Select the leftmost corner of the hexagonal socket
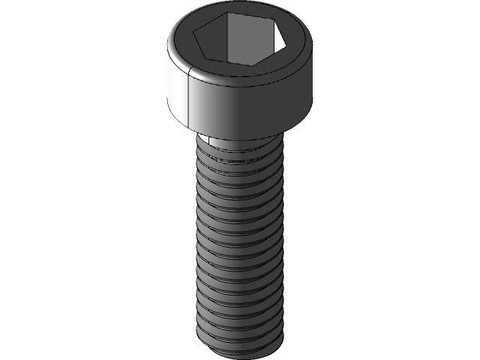click(x=193, y=31)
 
